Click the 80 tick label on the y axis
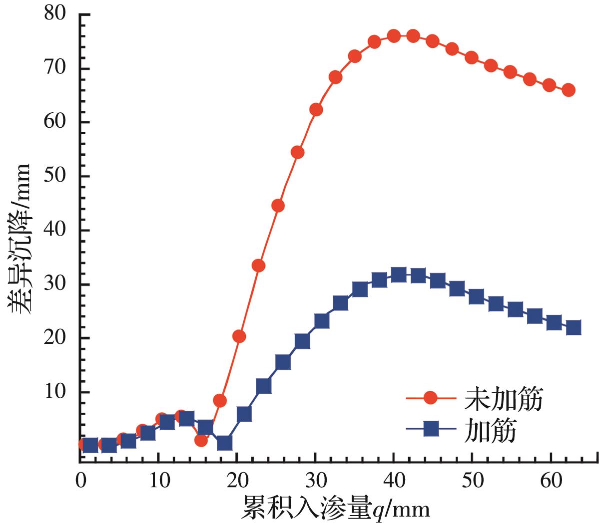[x=55, y=14]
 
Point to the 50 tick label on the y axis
[x=55, y=177]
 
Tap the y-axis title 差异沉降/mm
[x=20, y=239]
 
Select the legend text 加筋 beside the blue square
[x=490, y=430]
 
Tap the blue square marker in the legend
[x=431, y=429]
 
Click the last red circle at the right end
[x=569, y=90]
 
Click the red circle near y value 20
[x=239, y=336]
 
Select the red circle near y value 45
[x=278, y=206]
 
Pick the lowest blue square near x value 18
[x=224, y=443]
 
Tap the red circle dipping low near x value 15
[x=201, y=440]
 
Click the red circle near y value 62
[x=316, y=110]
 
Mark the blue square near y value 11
[x=263, y=386]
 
